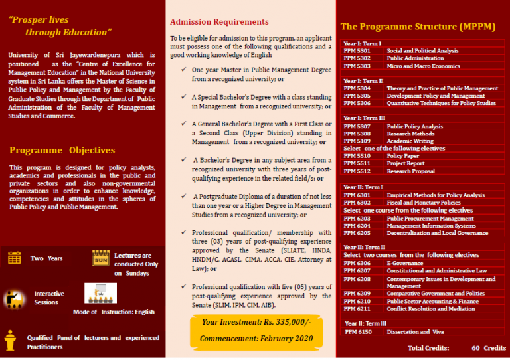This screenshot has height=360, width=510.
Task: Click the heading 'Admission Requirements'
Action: coord(219,22)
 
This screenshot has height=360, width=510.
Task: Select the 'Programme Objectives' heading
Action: coord(62,151)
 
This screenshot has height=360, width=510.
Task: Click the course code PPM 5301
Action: coord(357,51)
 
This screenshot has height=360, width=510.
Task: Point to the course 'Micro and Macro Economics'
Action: coord(423,66)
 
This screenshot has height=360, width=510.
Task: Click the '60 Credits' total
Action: coord(489,348)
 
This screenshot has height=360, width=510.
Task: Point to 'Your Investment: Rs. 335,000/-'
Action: coord(255,322)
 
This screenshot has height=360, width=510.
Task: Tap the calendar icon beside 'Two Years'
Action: coord(14,258)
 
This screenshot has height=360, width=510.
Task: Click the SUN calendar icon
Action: coord(101,259)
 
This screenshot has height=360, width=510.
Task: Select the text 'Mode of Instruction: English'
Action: coord(114,312)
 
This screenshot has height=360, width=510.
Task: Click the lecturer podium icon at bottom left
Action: coord(10,341)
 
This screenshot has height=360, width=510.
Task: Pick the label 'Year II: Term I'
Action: coord(364,187)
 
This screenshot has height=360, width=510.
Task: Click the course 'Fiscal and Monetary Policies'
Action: coord(423,203)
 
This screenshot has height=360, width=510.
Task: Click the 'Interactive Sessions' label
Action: coord(49,298)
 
